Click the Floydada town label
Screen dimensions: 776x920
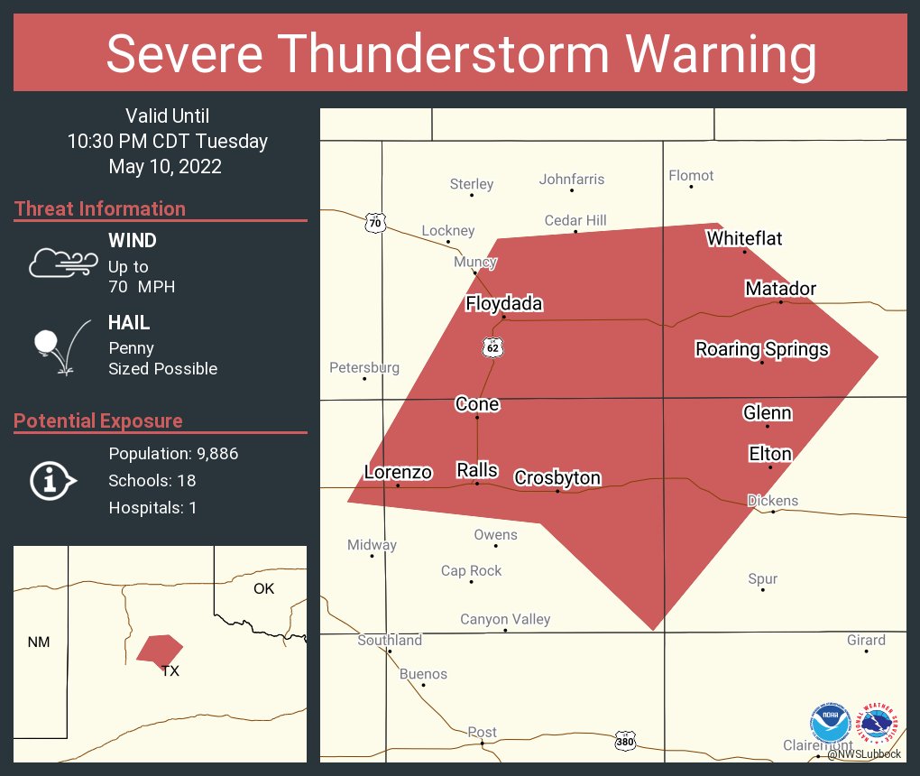click(504, 303)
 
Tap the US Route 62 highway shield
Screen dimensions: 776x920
click(492, 346)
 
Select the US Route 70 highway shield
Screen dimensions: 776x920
click(374, 222)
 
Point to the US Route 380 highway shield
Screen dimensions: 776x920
click(625, 742)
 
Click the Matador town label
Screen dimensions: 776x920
click(780, 289)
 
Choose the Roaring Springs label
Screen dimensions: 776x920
click(761, 349)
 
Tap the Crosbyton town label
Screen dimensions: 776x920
click(557, 477)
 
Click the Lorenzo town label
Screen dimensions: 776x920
click(398, 472)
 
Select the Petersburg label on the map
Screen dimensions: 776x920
click(363, 367)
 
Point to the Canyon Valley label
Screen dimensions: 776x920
click(505, 619)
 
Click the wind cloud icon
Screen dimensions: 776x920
click(62, 263)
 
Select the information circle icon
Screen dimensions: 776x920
click(54, 481)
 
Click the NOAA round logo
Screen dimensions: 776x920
click(830, 725)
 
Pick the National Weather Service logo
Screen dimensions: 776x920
click(879, 724)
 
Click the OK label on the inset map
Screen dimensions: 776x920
click(263, 588)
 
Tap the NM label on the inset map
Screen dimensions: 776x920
click(39, 642)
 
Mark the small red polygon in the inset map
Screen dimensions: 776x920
click(159, 648)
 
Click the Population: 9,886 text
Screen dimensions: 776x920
click(173, 454)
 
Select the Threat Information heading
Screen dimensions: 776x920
click(100, 208)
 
